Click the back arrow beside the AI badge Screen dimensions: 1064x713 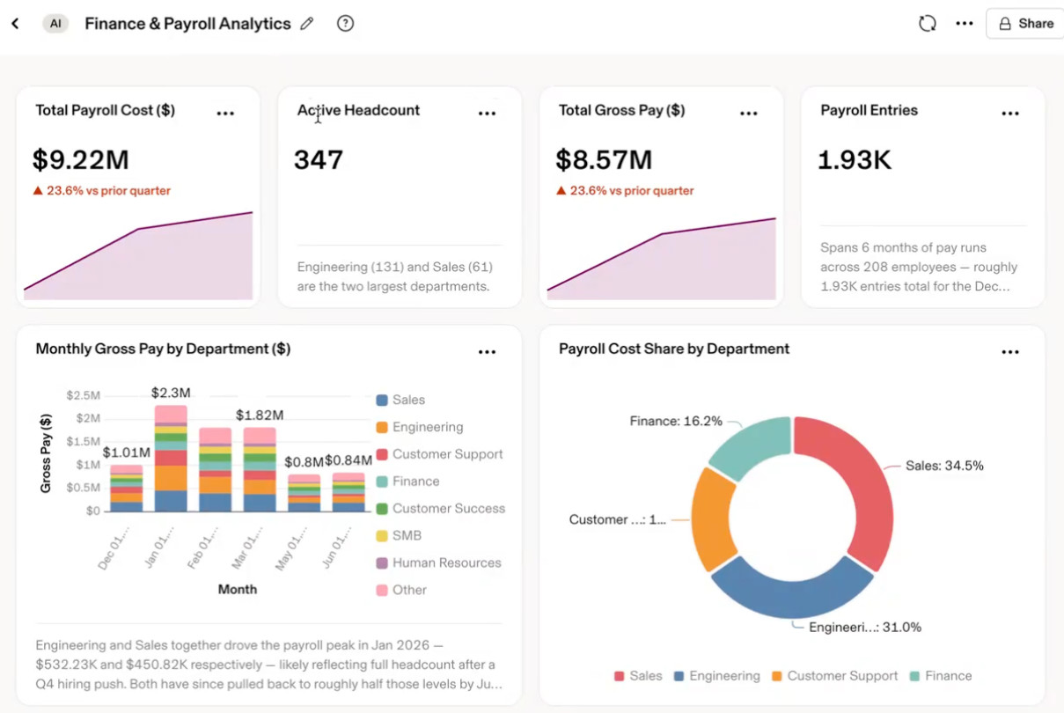click(15, 23)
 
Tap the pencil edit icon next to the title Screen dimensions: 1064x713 click(307, 23)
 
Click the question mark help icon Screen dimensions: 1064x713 click(345, 23)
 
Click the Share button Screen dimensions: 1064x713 click(1026, 23)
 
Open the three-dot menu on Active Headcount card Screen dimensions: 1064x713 click(487, 113)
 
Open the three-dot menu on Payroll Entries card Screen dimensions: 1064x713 click(1010, 113)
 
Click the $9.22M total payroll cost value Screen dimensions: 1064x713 click(81, 159)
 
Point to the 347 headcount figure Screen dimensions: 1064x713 click(319, 159)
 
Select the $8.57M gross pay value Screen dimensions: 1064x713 click(605, 159)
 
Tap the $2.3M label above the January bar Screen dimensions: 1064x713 click(171, 393)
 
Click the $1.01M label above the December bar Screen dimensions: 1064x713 click(127, 452)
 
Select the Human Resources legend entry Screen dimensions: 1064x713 click(439, 562)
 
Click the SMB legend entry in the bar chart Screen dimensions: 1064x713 click(399, 536)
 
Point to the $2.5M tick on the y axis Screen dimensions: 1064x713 click(83, 395)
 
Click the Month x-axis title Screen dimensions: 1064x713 click(238, 590)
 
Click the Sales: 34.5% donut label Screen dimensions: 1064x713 click(944, 466)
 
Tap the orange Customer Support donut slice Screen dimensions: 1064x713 click(713, 518)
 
